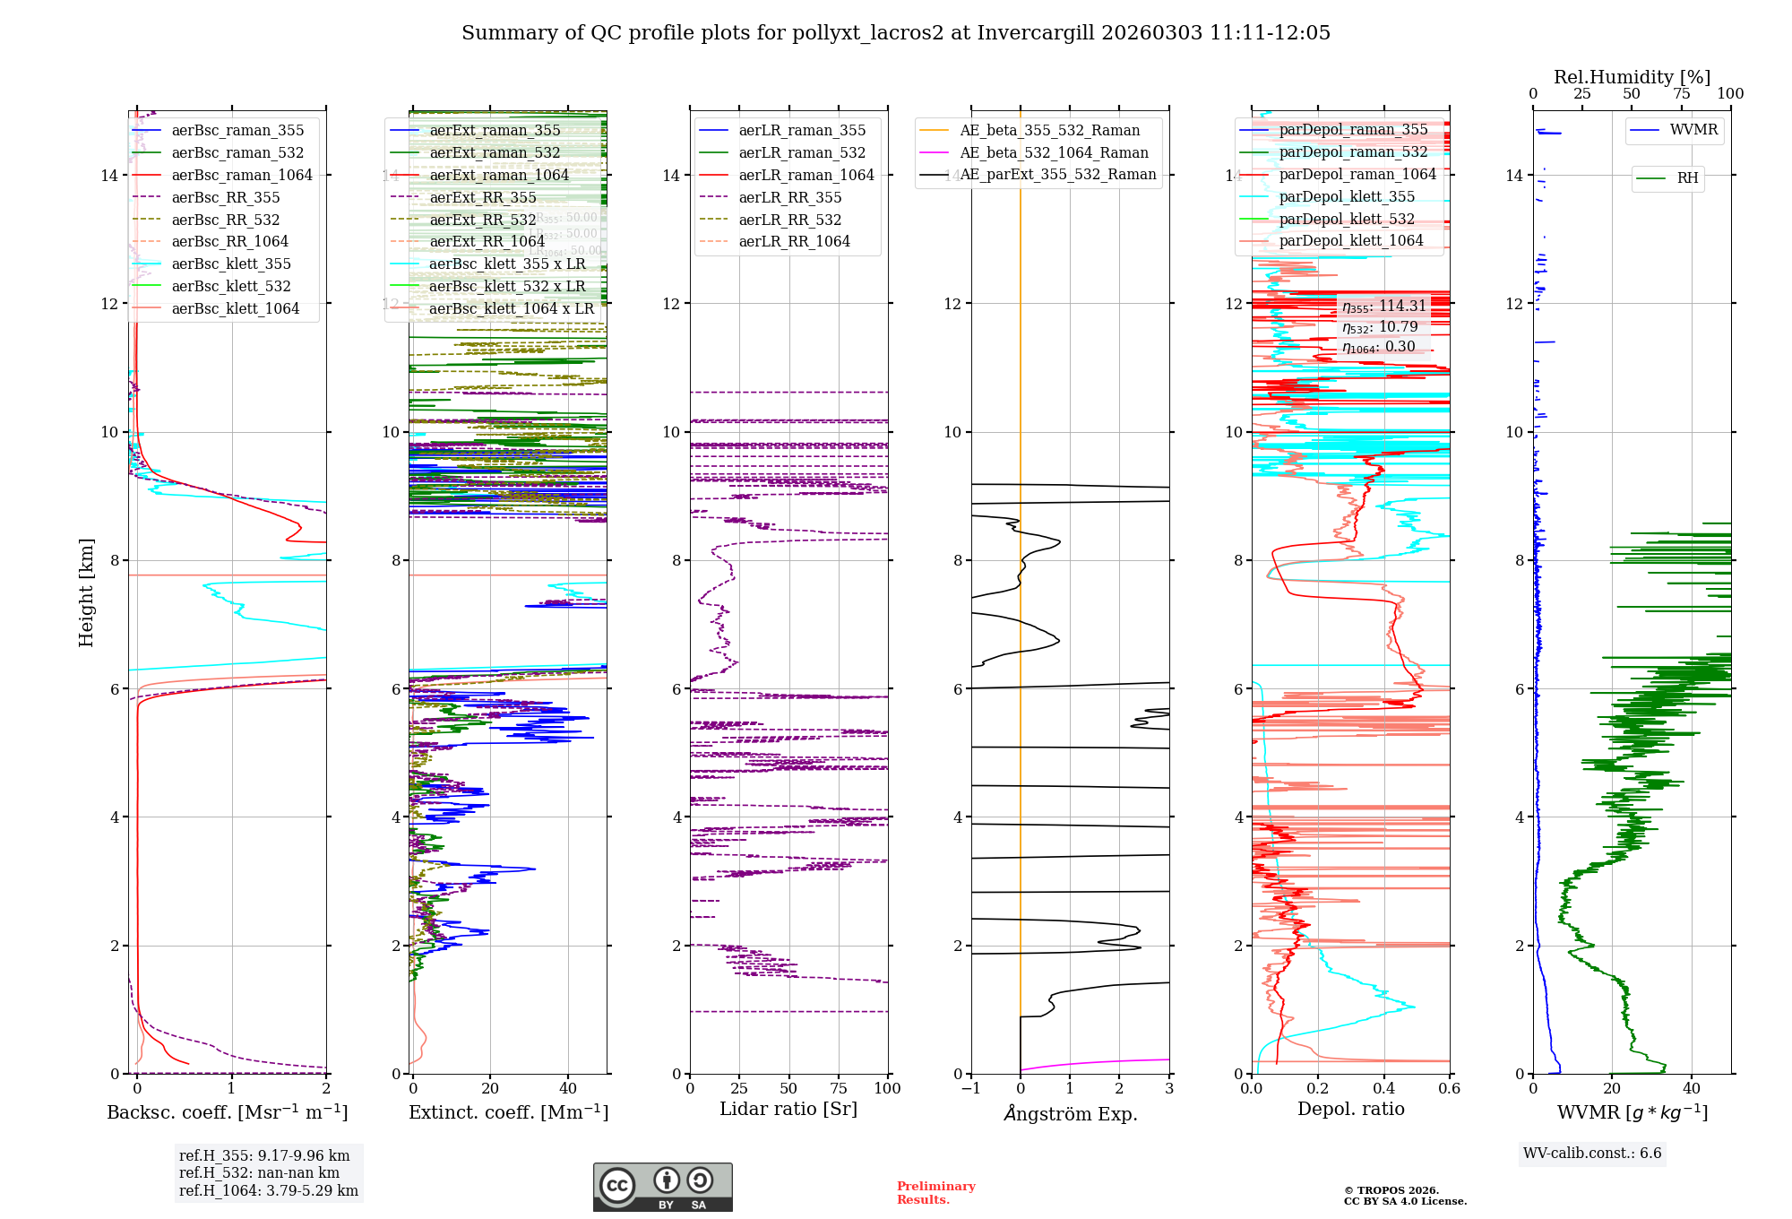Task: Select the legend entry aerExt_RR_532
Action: coord(482,220)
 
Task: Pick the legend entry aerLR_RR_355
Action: coord(789,197)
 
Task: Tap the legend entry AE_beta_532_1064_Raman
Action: coord(1054,152)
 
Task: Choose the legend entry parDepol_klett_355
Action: coord(1347,196)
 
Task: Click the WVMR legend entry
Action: coord(1693,130)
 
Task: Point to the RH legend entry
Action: coord(1687,178)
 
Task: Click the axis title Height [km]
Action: coord(86,592)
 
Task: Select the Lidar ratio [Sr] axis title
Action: coord(788,1109)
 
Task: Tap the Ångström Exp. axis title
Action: coord(1071,1113)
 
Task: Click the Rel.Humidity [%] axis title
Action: coord(1632,77)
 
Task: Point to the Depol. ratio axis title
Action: coord(1351,1109)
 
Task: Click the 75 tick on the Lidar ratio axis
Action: coord(839,1088)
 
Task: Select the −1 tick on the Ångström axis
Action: coord(969,1088)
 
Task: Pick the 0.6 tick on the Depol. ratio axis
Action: coord(1449,1088)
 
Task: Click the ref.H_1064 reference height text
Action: coord(268,1190)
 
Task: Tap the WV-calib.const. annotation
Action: coord(1592,1153)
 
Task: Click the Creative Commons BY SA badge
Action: coord(662,1187)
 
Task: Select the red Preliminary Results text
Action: coord(935,1192)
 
